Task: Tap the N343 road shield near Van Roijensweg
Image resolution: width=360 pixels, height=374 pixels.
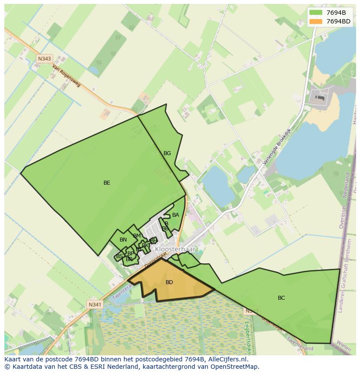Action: (x=44, y=59)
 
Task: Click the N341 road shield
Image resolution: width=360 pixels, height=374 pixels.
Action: (x=94, y=304)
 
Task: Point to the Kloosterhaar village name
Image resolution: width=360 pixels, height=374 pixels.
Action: (x=175, y=250)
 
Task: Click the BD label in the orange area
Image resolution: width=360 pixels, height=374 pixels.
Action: (x=169, y=282)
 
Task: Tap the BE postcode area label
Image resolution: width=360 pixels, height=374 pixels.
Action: (x=107, y=183)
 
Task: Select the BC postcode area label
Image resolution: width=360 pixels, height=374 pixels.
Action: (x=281, y=298)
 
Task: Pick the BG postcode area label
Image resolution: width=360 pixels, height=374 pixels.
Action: (x=167, y=153)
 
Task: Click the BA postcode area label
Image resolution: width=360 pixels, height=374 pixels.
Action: (x=176, y=215)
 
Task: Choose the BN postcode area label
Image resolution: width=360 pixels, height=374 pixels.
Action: (x=123, y=240)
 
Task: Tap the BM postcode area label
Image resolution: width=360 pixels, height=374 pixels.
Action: (x=137, y=236)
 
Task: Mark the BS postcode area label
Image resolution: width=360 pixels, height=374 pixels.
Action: (x=120, y=256)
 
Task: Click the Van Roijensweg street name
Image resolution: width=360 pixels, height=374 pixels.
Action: (x=67, y=76)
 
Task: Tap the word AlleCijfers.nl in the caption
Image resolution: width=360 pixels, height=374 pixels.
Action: (x=227, y=359)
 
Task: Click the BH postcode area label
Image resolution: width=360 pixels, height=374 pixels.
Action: (x=153, y=240)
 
